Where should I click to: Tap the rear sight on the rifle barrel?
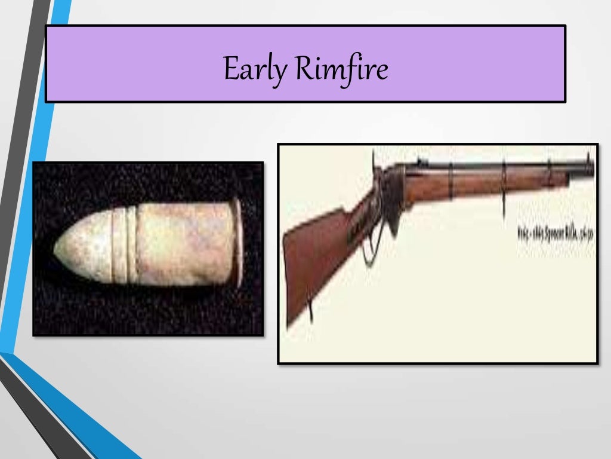[418, 160]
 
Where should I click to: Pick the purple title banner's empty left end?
[119, 63]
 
